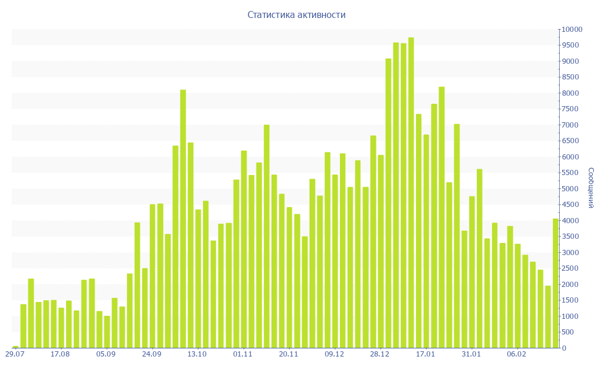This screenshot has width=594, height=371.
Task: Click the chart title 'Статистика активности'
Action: [296, 14]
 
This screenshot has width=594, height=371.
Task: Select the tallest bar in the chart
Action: [411, 192]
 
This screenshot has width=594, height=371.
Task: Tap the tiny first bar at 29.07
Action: [16, 347]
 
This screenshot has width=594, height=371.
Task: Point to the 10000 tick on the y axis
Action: [571, 29]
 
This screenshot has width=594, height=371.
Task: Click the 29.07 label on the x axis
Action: [15, 354]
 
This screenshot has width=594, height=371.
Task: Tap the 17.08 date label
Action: [60, 354]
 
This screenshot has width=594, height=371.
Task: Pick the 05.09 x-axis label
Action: [106, 354]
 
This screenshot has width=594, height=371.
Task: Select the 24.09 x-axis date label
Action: [151, 354]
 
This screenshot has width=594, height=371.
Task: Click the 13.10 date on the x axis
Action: [197, 354]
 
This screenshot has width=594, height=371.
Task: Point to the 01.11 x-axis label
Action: [242, 354]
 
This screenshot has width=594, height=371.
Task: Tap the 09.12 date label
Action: [334, 354]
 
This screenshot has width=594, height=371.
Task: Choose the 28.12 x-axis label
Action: [380, 354]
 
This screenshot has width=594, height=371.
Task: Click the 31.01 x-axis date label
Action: [471, 354]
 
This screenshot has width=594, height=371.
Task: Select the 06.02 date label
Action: [517, 354]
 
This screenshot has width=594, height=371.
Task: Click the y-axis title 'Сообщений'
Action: [590, 187]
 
